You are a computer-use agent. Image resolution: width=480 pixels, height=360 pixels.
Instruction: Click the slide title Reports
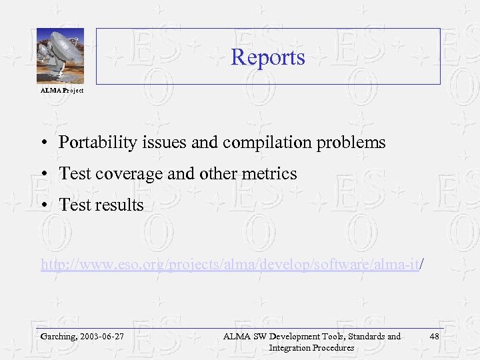coord(267,57)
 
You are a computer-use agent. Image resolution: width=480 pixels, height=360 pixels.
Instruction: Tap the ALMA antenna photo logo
coord(60,55)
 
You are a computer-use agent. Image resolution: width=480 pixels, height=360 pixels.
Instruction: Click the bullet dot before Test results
coord(43,205)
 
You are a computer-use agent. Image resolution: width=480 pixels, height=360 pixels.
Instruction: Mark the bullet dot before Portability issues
coord(43,143)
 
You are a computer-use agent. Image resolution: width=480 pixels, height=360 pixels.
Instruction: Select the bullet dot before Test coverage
coord(43,174)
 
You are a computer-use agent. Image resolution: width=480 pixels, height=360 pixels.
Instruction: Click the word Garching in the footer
coord(57,337)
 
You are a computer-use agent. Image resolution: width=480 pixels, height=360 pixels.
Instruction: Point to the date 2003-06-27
coord(102,337)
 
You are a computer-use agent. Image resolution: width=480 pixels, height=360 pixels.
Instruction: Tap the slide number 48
coord(434,337)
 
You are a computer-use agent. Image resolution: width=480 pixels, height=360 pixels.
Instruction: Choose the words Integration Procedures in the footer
coord(311,347)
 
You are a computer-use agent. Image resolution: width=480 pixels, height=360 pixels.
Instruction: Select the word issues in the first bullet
coord(148,143)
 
